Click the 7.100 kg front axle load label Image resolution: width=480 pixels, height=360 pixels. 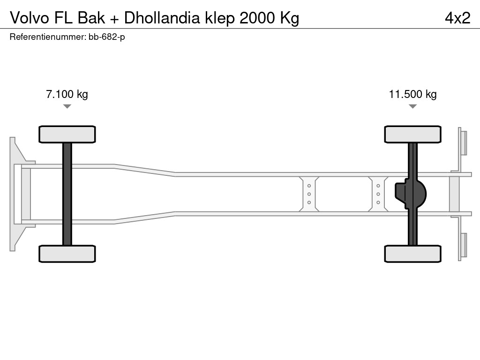(x=67, y=94)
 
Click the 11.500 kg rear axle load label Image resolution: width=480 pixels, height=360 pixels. (x=412, y=94)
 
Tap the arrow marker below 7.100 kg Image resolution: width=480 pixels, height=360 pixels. (x=67, y=106)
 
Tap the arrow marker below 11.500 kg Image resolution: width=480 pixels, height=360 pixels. (x=412, y=106)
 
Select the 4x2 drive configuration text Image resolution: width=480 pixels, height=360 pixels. (x=457, y=18)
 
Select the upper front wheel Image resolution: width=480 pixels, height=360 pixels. (x=67, y=134)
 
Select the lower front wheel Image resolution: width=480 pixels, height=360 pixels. (x=67, y=254)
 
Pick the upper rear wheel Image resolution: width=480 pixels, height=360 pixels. (x=412, y=134)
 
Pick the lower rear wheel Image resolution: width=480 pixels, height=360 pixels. (x=412, y=254)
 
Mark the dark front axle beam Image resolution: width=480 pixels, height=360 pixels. (x=67, y=194)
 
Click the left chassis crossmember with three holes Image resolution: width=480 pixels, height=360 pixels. (x=309, y=194)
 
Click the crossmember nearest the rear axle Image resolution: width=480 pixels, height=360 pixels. (x=378, y=194)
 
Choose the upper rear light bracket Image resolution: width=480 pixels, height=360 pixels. (x=463, y=142)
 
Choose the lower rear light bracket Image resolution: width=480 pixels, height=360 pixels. (x=463, y=245)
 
